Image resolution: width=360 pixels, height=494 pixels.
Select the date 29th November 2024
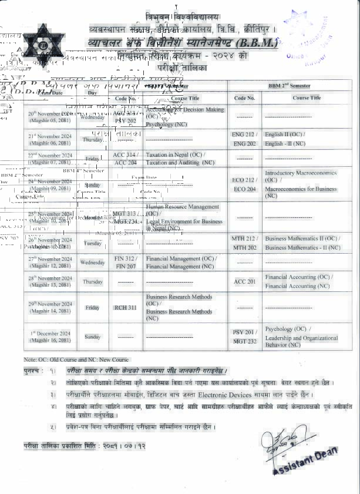51,307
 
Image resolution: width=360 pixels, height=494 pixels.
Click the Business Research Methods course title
179,297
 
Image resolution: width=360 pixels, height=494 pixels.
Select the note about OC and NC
76,359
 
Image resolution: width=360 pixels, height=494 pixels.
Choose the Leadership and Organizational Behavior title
301,341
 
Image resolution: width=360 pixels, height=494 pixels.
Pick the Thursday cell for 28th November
93,282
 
